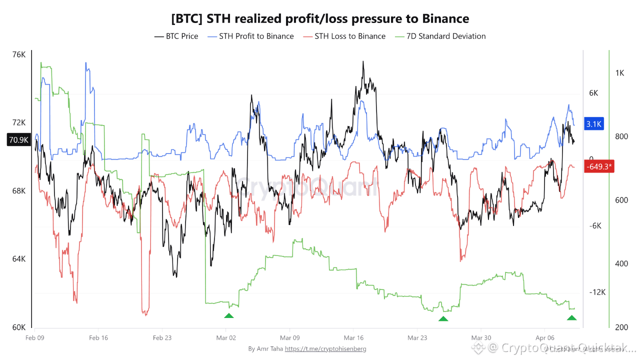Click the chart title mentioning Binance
click(x=320, y=19)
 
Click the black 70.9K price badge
click(x=18, y=139)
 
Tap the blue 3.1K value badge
click(x=594, y=124)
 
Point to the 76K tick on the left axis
click(x=18, y=54)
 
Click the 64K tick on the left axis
click(x=18, y=259)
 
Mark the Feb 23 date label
click(x=162, y=337)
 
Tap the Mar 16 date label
click(x=353, y=337)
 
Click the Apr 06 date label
click(x=544, y=337)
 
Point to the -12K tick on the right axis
click(x=597, y=292)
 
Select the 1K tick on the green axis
click(x=619, y=73)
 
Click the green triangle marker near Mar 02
click(x=228, y=315)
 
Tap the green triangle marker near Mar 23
click(x=443, y=318)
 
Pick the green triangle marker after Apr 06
click(x=571, y=318)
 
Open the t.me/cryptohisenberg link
click(x=325, y=348)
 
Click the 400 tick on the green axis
click(x=621, y=263)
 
